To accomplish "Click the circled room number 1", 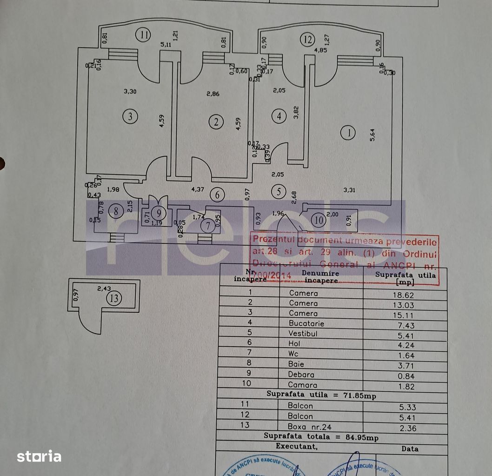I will tap(348, 133).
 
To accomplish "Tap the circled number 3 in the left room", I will tap(131, 117).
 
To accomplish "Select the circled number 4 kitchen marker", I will tap(279, 116).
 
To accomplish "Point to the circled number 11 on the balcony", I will tap(145, 34).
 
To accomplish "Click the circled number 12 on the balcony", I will tap(306, 40).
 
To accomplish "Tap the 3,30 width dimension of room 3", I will tap(131, 92).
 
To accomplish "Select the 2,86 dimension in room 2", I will tap(213, 94).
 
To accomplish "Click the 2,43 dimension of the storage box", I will tap(104, 288).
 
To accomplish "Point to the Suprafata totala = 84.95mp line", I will tap(321, 436).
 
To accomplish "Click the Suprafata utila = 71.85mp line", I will tap(321, 396).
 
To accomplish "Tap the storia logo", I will tap(39, 456).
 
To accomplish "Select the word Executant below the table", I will tap(297, 446).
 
